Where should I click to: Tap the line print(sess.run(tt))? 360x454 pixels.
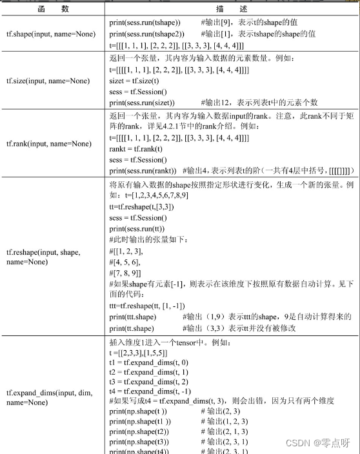click(137, 229)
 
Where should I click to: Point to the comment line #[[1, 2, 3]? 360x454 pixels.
click(125, 250)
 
